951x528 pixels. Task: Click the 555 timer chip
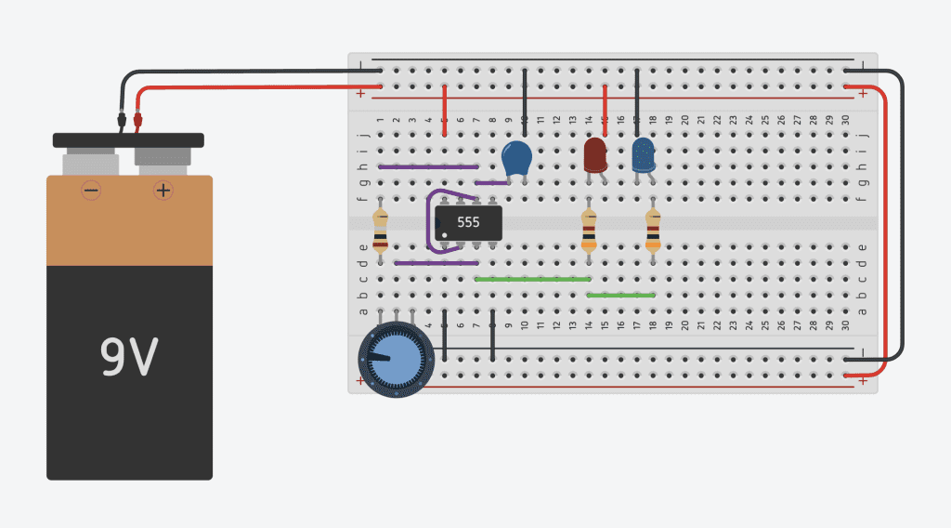coord(469,222)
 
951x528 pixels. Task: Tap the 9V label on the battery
coord(129,358)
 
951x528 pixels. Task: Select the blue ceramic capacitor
coord(516,158)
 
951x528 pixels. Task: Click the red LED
coord(594,154)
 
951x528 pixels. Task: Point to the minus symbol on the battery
coord(91,191)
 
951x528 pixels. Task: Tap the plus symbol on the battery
coord(163,191)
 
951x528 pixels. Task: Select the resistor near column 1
coord(380,231)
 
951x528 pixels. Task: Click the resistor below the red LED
coord(589,231)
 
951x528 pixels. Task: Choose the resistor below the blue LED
coord(653,231)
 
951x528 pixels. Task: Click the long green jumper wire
coord(532,279)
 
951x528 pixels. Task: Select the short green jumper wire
coord(621,295)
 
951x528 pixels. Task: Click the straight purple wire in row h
coord(428,167)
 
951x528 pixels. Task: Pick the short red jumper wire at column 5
coord(445,110)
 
